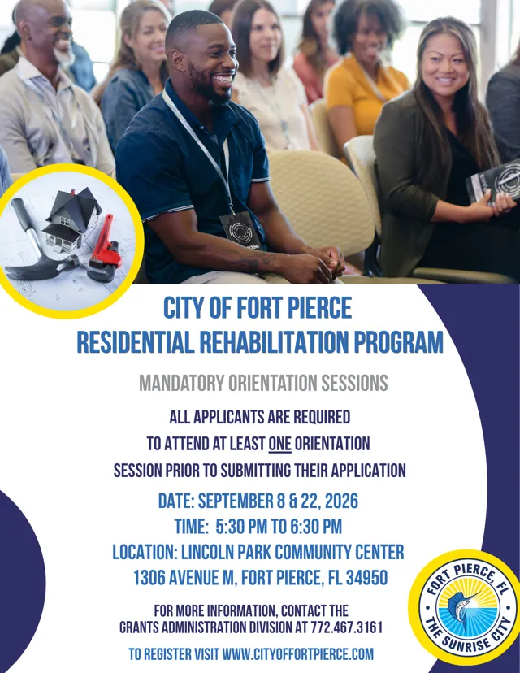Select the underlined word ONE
point(279,444)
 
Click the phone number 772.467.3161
point(346,627)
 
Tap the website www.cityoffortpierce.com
point(298,654)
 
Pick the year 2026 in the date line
point(341,501)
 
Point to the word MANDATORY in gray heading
point(181,383)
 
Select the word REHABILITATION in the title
point(273,341)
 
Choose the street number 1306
point(149,578)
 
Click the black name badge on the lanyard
point(240,231)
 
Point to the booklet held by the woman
point(493,181)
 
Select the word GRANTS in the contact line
point(138,627)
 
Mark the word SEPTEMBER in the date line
point(235,501)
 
